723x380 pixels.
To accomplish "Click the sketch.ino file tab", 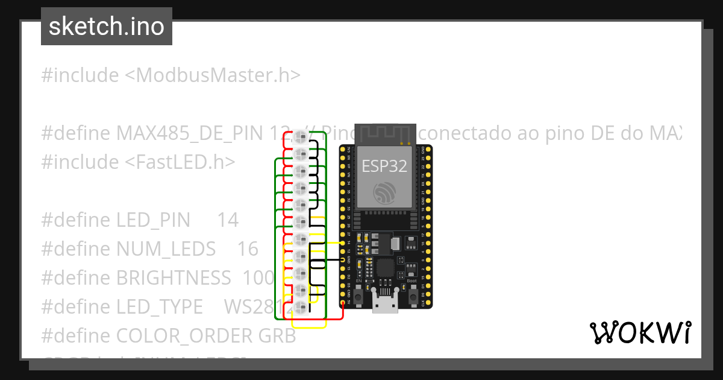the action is point(107,27).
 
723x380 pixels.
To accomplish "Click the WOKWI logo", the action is point(640,332).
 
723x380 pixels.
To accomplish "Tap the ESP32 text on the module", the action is point(384,166).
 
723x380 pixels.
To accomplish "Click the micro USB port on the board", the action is point(384,305).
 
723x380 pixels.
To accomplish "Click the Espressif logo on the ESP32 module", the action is point(384,192).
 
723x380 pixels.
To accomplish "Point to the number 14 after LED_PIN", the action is point(228,220).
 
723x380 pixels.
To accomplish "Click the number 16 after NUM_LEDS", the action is point(248,249).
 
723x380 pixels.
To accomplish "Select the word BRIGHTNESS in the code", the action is point(174,277).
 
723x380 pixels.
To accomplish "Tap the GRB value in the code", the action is point(277,335).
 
